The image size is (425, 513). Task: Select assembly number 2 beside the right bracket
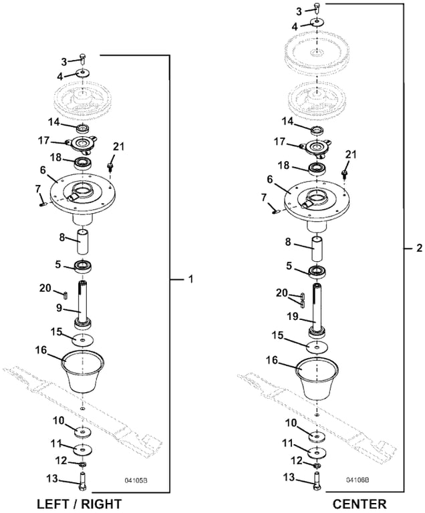click(x=419, y=248)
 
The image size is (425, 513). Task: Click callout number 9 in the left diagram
click(x=59, y=308)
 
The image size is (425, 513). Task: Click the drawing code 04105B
click(x=136, y=480)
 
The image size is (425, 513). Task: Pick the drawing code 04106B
click(x=358, y=480)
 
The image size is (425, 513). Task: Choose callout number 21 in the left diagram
click(x=118, y=146)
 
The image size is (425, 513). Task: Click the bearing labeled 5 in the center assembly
click(x=316, y=271)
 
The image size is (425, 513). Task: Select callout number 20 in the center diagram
click(x=282, y=293)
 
